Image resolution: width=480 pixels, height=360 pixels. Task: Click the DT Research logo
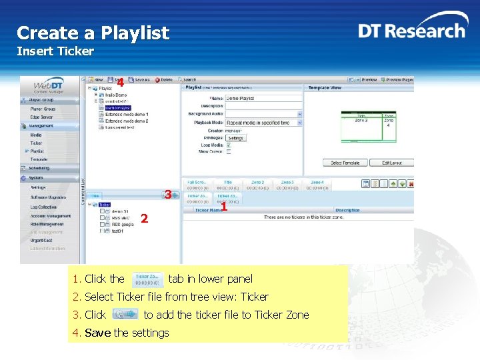411,31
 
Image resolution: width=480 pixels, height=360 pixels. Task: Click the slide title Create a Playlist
93,33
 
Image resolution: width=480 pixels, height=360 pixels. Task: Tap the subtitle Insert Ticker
55,51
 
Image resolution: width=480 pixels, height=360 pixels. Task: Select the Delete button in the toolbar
163,79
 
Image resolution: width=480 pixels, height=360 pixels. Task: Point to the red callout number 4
120,83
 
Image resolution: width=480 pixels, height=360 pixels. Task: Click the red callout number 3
168,195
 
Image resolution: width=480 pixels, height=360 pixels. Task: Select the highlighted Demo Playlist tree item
118,107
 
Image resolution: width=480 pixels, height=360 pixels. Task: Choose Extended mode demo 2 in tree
126,121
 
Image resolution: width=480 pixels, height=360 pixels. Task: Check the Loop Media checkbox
229,145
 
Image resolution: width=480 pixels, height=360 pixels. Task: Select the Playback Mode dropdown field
263,123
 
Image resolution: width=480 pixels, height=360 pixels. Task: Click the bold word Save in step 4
99,333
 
